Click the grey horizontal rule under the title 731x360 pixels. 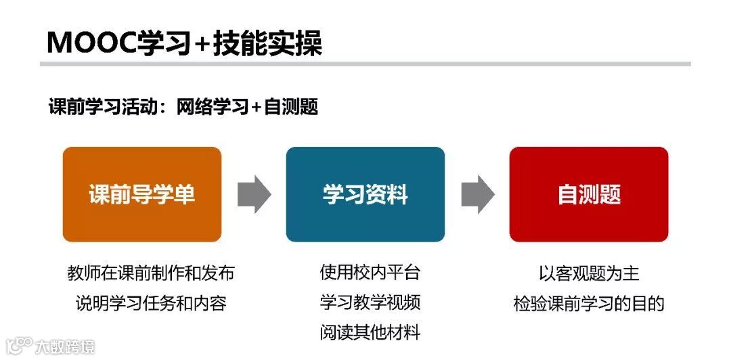coord(365,64)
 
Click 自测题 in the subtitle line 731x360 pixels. coord(290,107)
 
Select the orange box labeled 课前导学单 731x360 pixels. coord(142,195)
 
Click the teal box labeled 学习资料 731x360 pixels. coord(365,195)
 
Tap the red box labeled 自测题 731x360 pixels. coord(589,195)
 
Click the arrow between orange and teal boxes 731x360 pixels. coord(254,195)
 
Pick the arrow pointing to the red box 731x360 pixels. coord(478,195)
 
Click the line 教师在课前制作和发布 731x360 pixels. coord(151,273)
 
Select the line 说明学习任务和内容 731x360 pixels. coord(151,303)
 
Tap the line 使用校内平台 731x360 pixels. coord(370,273)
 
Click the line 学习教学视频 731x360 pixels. coord(370,302)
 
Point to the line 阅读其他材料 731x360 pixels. coord(370,332)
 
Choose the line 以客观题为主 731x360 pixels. coord(589,273)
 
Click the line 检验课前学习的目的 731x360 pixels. coord(589,303)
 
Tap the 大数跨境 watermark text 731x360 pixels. coord(65,347)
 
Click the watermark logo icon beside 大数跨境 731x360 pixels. coord(18,346)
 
